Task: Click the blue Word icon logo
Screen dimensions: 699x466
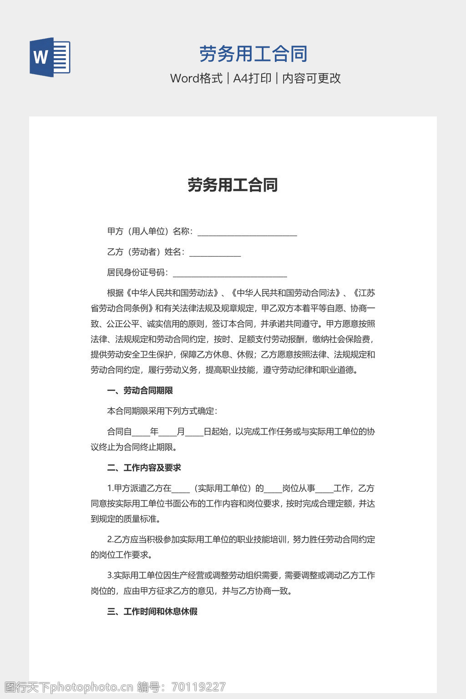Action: [x=50, y=57]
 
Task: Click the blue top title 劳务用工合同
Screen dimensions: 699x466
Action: [x=253, y=54]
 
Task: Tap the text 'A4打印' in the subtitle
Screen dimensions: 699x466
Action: [x=252, y=78]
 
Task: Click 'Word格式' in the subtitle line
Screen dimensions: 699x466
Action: [x=196, y=78]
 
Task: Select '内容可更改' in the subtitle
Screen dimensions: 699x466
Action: [x=312, y=78]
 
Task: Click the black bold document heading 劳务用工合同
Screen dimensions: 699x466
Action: [x=233, y=185]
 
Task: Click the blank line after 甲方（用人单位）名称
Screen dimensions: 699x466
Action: [x=247, y=233]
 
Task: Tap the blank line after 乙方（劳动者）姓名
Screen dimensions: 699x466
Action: [x=215, y=253]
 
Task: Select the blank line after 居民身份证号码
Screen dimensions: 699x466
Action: [x=230, y=274]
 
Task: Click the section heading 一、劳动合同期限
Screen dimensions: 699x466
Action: [x=140, y=390]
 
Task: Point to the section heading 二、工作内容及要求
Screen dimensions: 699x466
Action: [x=144, y=468]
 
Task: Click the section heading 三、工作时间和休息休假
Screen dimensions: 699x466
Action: [x=152, y=612]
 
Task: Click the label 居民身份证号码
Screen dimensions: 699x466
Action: [x=136, y=273]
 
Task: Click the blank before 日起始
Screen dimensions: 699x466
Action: [x=194, y=432]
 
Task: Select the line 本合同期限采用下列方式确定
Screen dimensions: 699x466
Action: [x=162, y=411]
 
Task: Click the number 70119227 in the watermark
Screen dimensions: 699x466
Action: [x=199, y=687]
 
